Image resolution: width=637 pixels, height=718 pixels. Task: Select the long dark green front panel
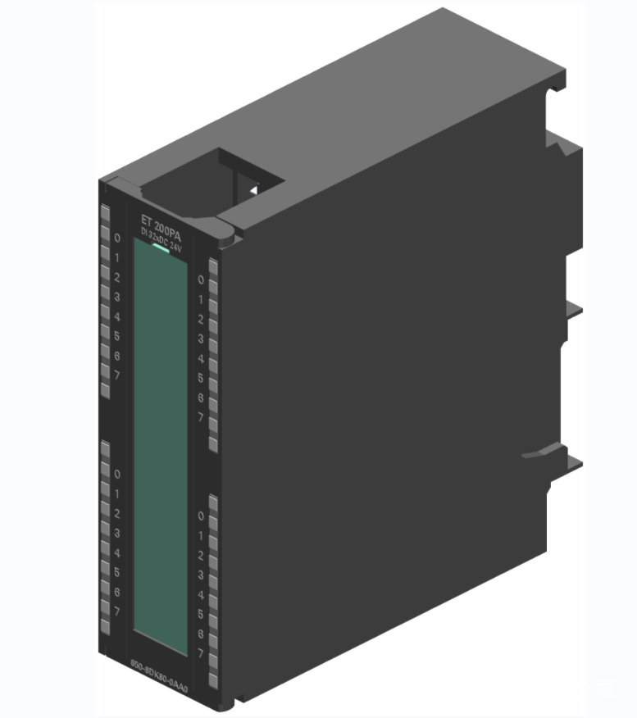click(162, 443)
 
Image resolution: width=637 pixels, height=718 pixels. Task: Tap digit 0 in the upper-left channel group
click(117, 239)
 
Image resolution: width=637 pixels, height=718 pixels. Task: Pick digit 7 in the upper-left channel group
click(117, 375)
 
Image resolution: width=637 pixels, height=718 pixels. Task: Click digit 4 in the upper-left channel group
click(117, 316)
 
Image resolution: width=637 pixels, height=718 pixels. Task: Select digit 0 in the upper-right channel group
click(200, 280)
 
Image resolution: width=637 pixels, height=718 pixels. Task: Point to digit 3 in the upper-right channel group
click(200, 339)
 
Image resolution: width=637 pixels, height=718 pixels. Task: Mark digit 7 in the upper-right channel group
click(200, 417)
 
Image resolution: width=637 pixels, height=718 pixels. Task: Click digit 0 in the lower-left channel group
click(117, 475)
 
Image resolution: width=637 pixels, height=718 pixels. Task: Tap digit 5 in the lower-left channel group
click(117, 572)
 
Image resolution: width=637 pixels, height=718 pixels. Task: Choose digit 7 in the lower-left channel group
click(117, 611)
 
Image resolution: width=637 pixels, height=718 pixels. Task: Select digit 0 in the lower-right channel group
click(200, 516)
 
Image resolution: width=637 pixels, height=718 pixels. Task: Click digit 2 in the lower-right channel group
click(200, 556)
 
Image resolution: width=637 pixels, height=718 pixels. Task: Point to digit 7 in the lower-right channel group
click(200, 653)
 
